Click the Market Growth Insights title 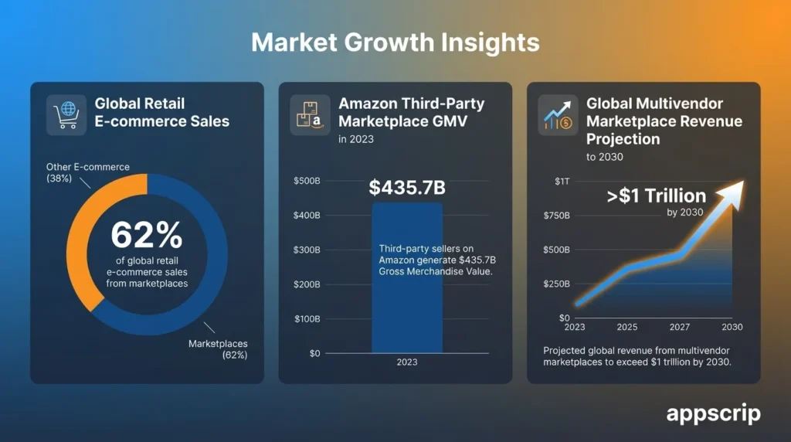395,42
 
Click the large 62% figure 147,235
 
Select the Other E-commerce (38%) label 76,172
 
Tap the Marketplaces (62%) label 218,348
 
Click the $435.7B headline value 407,188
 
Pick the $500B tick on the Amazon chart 307,181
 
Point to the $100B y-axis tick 307,319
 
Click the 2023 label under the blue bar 407,362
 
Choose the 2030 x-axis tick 732,327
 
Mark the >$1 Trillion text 656,195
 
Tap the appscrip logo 713,413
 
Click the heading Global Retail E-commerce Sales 161,112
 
